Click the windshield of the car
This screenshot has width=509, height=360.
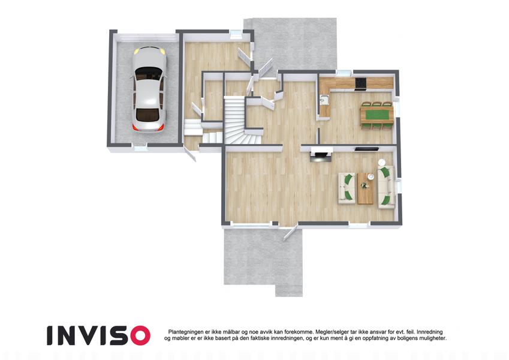tap(149, 73)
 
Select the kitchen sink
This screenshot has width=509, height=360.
tap(324, 100)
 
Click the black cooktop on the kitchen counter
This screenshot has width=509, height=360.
tap(360, 83)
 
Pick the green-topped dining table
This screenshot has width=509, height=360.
tap(377, 115)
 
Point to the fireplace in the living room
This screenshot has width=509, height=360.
tap(321, 155)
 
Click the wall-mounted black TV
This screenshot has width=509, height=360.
tap(366, 149)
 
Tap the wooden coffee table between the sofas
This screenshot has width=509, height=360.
tap(365, 188)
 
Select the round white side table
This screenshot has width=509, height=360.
tap(382, 162)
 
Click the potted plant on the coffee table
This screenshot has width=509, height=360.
tap(365, 185)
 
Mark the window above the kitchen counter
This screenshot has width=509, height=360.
tap(344, 73)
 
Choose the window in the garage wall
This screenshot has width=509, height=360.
tap(140, 149)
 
